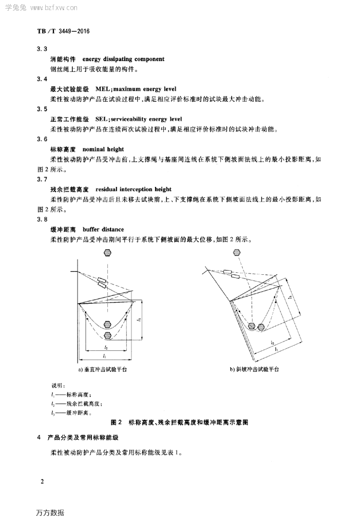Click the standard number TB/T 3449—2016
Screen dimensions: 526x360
coord(63,31)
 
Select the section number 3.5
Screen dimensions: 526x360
coord(43,109)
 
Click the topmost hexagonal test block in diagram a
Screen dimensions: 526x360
coord(108,252)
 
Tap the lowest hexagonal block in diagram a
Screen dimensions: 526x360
coord(108,335)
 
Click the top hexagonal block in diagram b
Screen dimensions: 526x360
coord(238,252)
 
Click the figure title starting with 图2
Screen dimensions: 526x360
coord(179,422)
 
